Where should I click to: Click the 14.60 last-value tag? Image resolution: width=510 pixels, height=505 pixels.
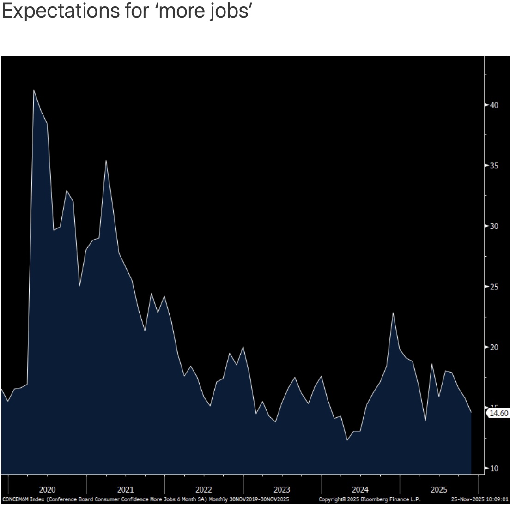pos(498,413)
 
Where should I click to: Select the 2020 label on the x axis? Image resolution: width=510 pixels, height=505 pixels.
pos(47,490)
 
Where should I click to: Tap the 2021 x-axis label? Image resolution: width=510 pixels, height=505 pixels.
pos(125,490)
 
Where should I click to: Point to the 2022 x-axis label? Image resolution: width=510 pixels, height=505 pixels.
pos(204,490)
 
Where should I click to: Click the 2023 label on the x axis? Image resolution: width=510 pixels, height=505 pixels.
pos(282,490)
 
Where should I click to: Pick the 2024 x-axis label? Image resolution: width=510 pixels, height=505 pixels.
pos(360,490)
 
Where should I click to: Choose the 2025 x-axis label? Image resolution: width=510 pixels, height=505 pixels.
pos(438,490)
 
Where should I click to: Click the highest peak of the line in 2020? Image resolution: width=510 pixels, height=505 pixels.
pos(34,90)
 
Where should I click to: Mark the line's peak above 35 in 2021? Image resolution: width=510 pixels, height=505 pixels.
pos(106,161)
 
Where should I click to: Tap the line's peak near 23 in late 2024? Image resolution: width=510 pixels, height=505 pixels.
pos(393,313)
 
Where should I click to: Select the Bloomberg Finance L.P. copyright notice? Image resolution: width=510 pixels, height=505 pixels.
pos(370,499)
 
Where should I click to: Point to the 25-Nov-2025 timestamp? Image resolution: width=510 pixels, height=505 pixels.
pos(480,499)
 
